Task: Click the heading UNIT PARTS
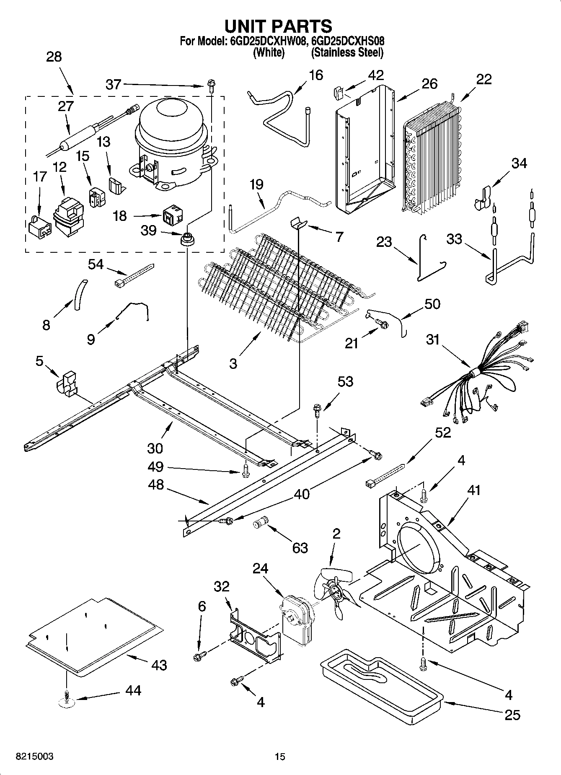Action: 279,26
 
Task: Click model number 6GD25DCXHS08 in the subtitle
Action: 348,41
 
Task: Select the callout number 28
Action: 54,57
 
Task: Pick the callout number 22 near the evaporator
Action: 484,79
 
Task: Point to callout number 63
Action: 300,548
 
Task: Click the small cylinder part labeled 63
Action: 261,524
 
